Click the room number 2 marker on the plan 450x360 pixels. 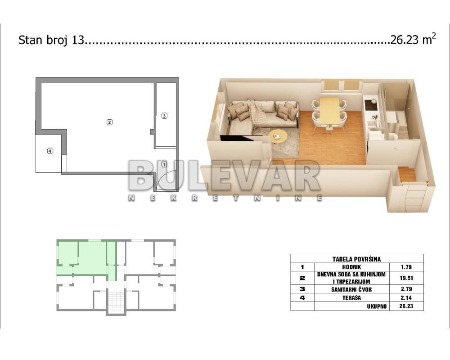coord(109,122)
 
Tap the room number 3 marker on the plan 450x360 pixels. coord(164,116)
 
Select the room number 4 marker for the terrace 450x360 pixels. coord(50,151)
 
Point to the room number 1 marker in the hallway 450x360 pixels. coord(164,165)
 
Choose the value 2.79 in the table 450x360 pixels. coord(406,289)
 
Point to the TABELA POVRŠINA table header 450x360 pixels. coord(356,259)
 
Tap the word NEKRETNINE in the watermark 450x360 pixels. coord(225,198)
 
